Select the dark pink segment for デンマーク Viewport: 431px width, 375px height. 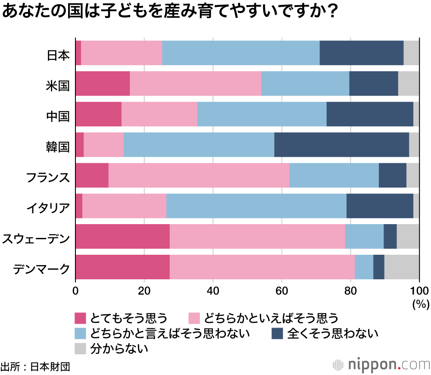[122, 267]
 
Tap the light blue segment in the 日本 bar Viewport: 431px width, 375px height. [240, 53]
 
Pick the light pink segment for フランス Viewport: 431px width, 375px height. [199, 175]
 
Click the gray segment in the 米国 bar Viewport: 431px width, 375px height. [408, 84]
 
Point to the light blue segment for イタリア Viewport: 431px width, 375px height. [256, 206]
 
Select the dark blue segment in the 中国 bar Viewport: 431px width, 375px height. [369, 114]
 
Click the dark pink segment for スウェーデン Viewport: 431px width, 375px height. [122, 237]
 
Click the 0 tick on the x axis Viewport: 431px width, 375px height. [76, 290]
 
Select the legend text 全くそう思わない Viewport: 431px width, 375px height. [332, 333]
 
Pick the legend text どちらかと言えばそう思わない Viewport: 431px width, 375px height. [170, 333]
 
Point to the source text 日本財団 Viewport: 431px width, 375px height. [50, 366]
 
